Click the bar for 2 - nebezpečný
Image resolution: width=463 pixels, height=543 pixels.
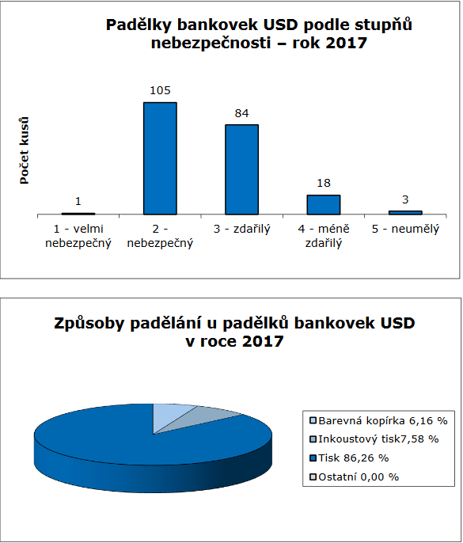coord(160,158)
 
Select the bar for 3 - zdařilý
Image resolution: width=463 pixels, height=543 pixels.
coord(241,169)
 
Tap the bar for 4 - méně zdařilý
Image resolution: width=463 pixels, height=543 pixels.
coord(324,205)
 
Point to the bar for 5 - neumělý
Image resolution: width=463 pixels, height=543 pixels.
coord(405,213)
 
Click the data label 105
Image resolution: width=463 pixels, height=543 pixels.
coord(160,90)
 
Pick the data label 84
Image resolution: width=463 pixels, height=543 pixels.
coord(241,113)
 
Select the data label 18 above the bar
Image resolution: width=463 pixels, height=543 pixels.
coord(324,183)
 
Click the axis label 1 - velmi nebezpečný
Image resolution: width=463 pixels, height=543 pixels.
coord(78,236)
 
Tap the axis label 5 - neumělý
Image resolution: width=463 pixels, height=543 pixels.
coord(405,229)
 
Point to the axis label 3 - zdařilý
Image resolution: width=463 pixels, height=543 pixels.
coord(241,229)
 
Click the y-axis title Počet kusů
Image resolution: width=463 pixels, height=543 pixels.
coord(24,150)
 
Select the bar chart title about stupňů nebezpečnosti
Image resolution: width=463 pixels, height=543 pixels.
coord(259,34)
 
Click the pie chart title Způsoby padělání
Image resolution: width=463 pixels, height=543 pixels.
coord(234,332)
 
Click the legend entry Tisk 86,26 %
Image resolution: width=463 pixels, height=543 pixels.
coord(349,458)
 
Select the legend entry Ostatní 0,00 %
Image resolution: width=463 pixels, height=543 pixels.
coord(355,477)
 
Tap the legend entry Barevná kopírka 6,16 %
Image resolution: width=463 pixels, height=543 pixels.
coord(378,420)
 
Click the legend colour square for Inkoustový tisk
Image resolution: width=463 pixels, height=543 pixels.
coord(313,439)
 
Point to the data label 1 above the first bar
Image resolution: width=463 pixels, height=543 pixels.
coord(78,201)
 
